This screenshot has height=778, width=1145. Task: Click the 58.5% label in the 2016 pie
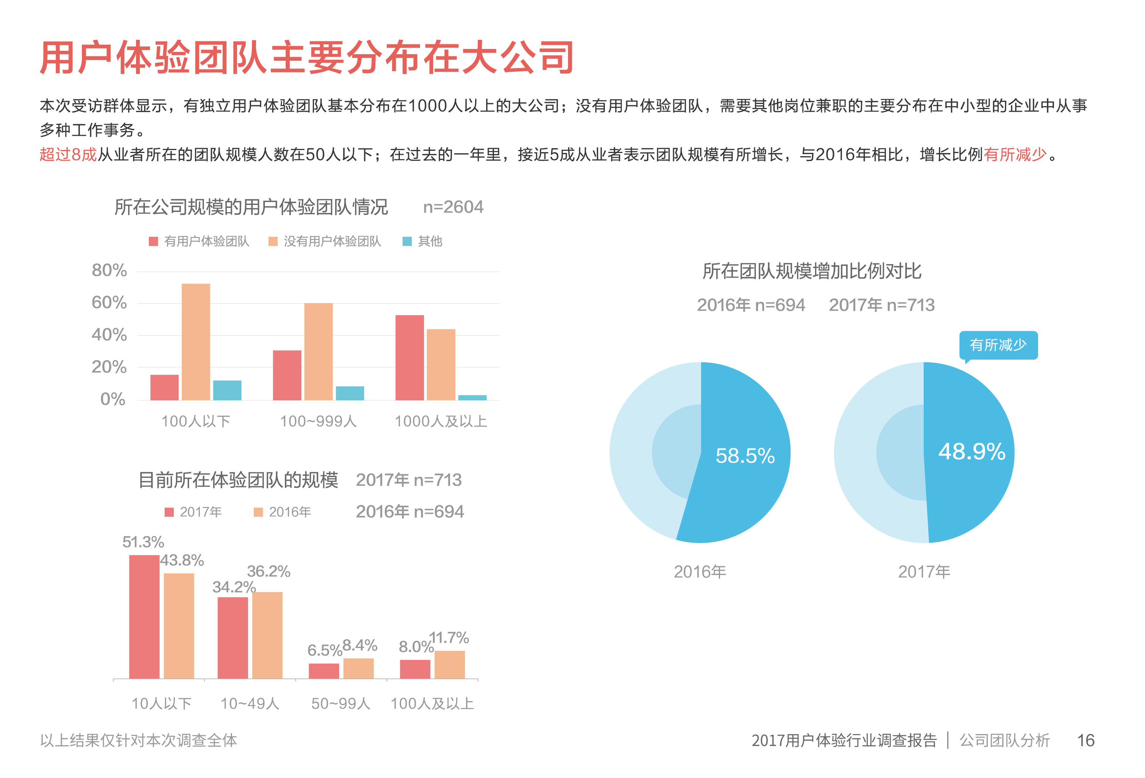coord(744,456)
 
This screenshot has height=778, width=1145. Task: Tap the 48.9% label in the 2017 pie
coord(971,451)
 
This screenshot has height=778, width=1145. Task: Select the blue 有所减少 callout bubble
coord(998,345)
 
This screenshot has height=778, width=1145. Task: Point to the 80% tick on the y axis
coord(109,270)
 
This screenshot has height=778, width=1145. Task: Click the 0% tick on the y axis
coord(113,399)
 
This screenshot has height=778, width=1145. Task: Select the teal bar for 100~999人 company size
coord(350,393)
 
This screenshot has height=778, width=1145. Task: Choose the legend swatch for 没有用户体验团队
coord(273,241)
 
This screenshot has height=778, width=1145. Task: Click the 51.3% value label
coord(143,542)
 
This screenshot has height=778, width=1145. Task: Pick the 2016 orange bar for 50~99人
coord(358,668)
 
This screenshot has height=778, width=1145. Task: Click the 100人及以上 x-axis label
coord(432,703)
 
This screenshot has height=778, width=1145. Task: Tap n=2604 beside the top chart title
coord(453,207)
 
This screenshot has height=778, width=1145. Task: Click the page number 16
coord(1086,740)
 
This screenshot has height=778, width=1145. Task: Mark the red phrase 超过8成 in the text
coord(68,155)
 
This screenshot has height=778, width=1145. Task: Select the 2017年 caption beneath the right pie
coord(924,572)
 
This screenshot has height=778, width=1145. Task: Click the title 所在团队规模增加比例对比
coord(811,271)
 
